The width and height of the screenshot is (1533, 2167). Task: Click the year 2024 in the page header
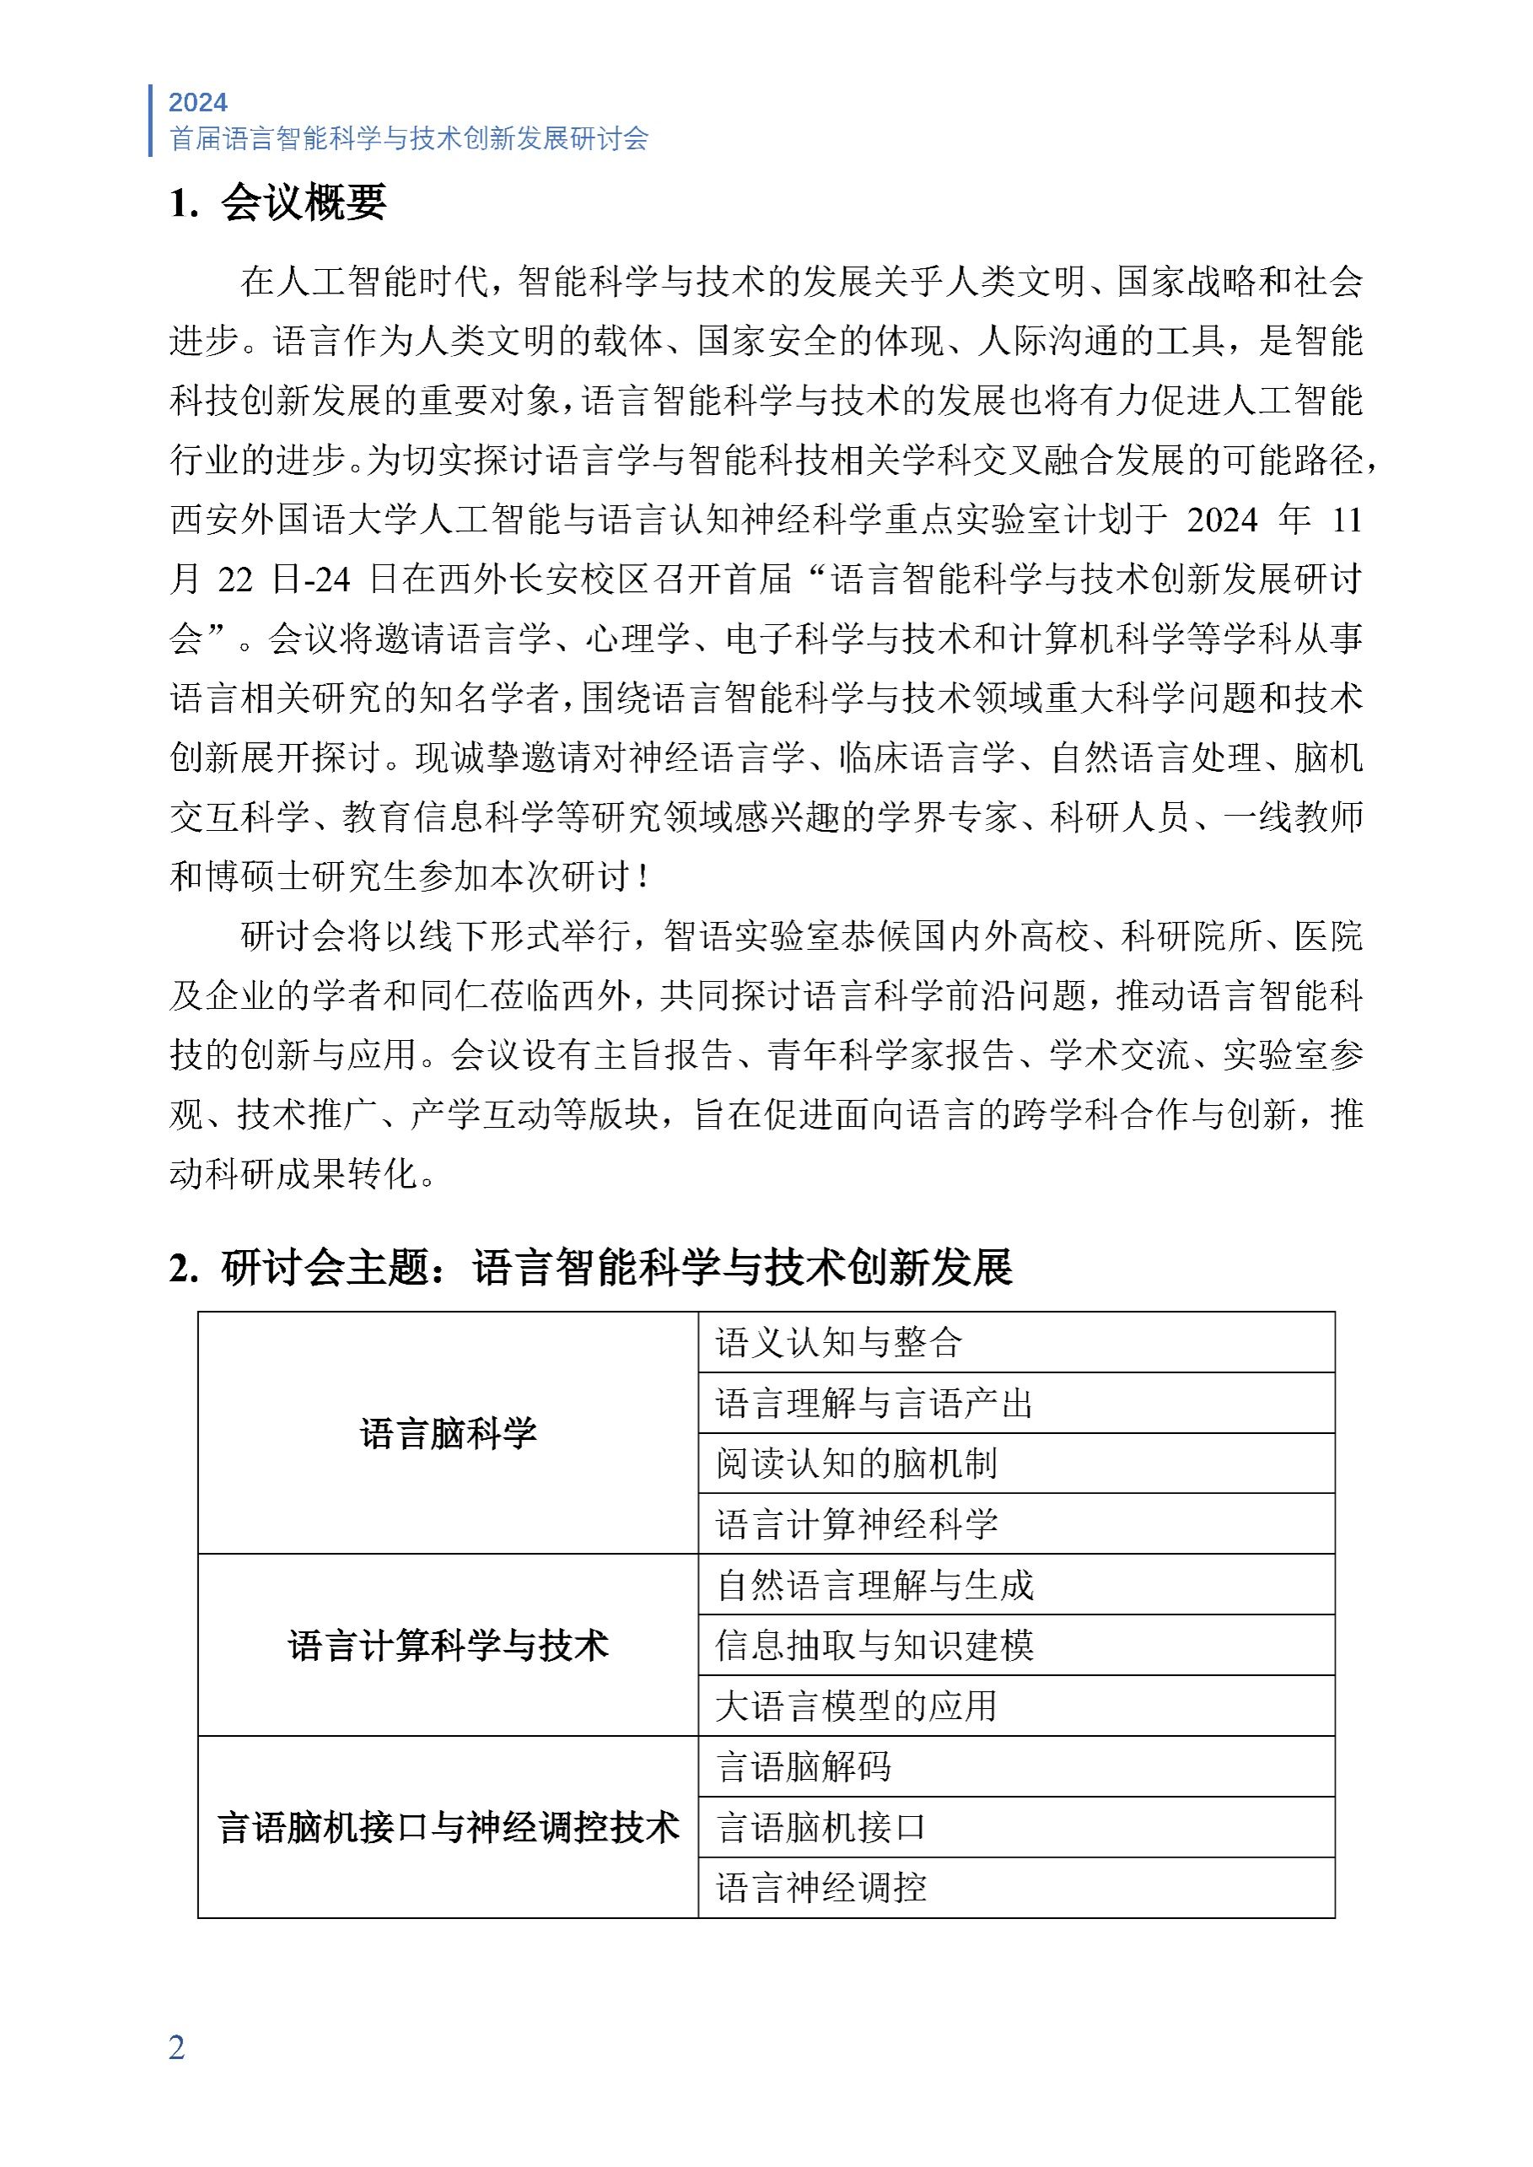pyautogui.click(x=197, y=102)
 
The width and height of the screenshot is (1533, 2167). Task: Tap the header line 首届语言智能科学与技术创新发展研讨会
pyautogui.click(x=409, y=139)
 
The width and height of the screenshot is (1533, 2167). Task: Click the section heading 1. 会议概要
pyautogui.click(x=278, y=203)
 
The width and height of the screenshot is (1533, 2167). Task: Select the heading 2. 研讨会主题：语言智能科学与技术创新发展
pyautogui.click(x=591, y=1267)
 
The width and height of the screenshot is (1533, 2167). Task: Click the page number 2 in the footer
pyautogui.click(x=176, y=2047)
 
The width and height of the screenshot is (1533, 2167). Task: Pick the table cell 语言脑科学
pyautogui.click(x=449, y=1433)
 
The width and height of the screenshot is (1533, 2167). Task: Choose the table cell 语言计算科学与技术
pyautogui.click(x=449, y=1646)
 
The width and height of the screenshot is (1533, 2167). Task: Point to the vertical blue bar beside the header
pyautogui.click(x=151, y=120)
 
